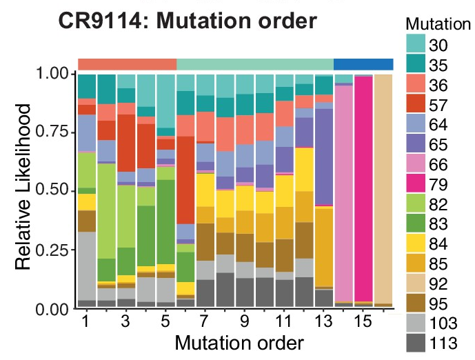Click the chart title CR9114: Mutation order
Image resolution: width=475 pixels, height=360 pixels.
click(188, 21)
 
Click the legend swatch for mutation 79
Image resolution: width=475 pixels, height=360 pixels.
click(415, 185)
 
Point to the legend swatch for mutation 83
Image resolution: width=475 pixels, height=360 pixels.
click(415, 225)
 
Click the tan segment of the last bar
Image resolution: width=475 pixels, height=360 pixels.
click(383, 186)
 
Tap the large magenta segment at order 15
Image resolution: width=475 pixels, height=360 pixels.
click(363, 186)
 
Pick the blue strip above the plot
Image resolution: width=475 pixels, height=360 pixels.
click(363, 64)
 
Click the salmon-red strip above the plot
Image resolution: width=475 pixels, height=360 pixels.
click(128, 64)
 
